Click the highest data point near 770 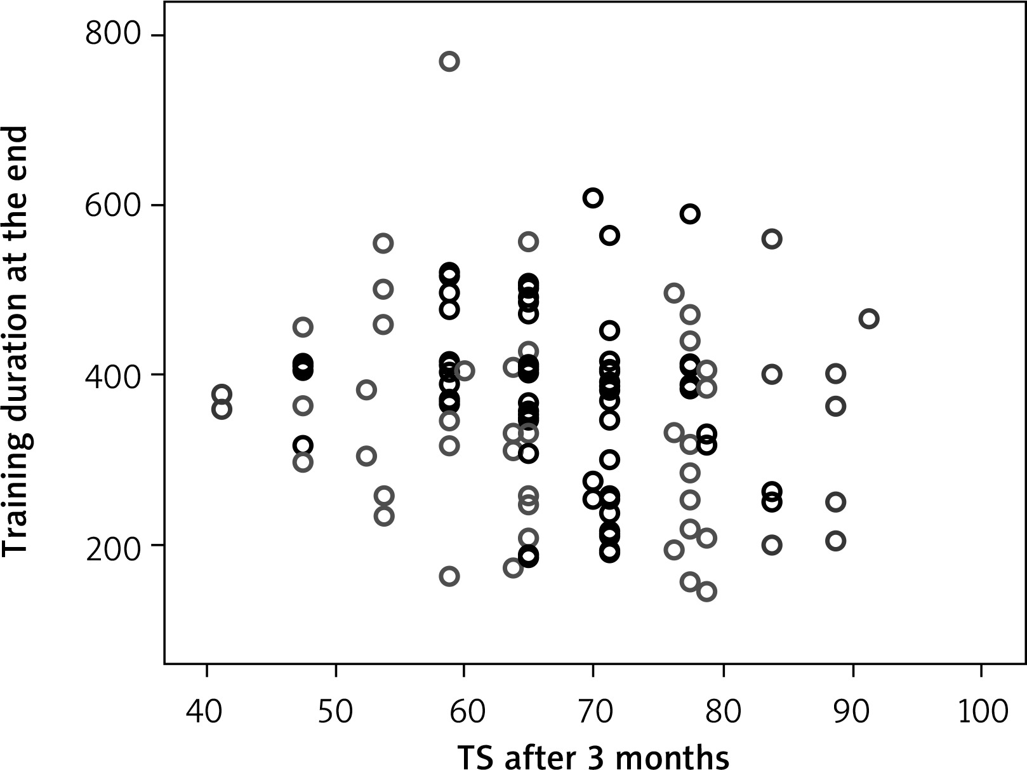point(449,62)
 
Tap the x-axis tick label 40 point(205,712)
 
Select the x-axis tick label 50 point(335,712)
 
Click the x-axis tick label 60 point(464,712)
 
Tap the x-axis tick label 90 point(852,712)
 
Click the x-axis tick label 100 point(981,712)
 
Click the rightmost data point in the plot point(869,319)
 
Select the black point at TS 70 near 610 point(593,198)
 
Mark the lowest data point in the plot point(706,591)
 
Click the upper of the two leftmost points point(222,394)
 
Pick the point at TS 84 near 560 point(772,239)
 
